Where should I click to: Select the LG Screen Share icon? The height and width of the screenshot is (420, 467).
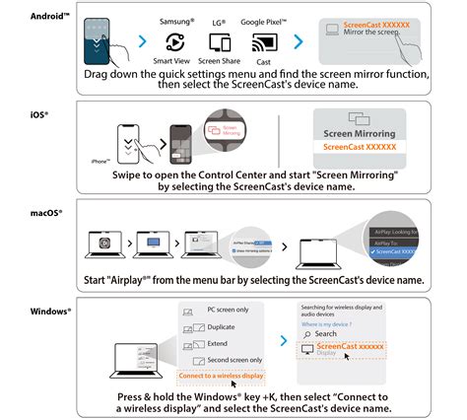(x=220, y=42)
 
